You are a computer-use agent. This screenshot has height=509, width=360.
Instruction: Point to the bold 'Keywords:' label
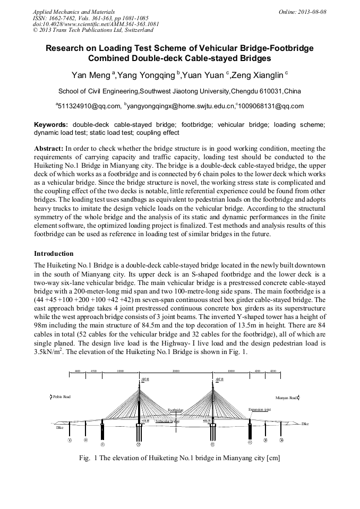(x=51, y=124)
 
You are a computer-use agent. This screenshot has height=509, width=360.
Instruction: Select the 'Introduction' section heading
(x=54, y=254)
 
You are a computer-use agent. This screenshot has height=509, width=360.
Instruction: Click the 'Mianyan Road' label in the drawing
(x=286, y=397)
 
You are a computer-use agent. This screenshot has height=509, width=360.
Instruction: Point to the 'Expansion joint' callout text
(x=260, y=410)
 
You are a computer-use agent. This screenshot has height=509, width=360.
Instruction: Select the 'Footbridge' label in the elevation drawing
(x=175, y=410)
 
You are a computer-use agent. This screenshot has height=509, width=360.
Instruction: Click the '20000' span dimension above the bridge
(x=176, y=372)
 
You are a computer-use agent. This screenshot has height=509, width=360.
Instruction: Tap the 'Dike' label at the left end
(x=59, y=427)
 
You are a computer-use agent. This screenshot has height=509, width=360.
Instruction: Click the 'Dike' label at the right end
(x=305, y=424)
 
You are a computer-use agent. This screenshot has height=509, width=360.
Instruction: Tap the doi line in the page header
(x=96, y=24)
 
